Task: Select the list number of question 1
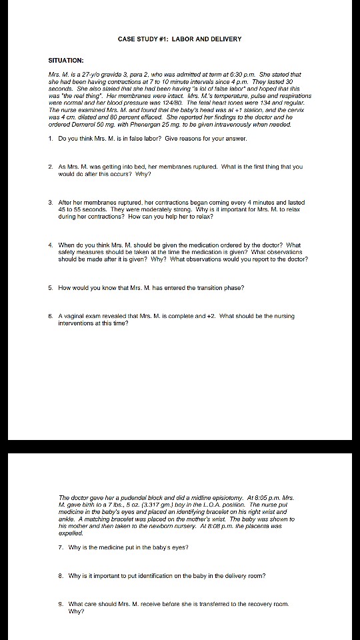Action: pyautogui.click(x=51, y=139)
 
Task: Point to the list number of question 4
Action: pyautogui.click(x=51, y=245)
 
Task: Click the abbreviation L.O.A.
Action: pyautogui.click(x=202, y=505)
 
